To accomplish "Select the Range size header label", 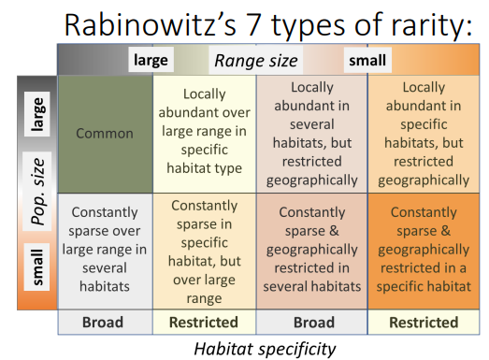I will coord(256,61).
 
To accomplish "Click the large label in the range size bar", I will coord(151,61).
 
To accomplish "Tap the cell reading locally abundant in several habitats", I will coord(311,133).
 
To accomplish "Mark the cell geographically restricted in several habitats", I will coord(311,250).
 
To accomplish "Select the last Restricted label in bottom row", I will coord(422,323).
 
